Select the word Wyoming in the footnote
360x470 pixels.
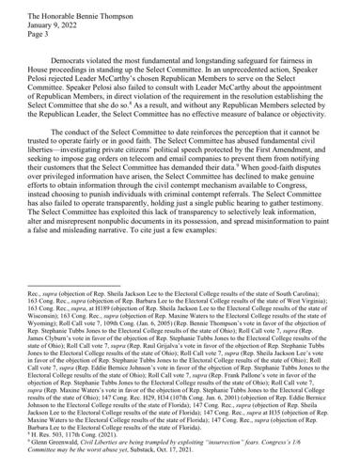point(47,355)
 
